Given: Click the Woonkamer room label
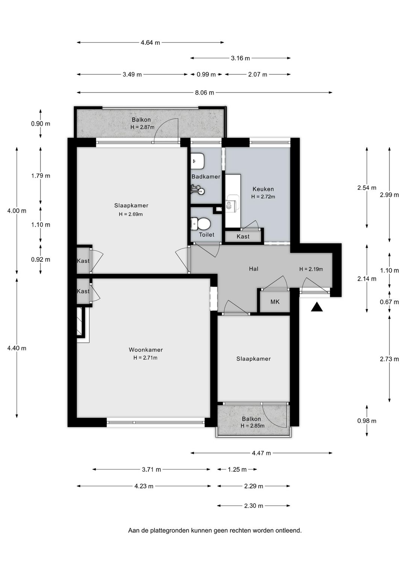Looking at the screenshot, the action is (146, 349).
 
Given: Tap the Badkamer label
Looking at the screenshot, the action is (206, 176).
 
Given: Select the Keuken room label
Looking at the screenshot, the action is (263, 189).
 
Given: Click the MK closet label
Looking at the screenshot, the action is (275, 302).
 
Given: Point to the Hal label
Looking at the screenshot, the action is (254, 269).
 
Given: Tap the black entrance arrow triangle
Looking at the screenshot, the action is (317, 307).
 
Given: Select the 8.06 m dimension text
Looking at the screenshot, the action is (205, 93).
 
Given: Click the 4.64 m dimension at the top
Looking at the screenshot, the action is (150, 43).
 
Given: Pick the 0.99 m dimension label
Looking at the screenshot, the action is (206, 74).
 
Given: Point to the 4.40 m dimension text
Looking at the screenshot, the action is (17, 348).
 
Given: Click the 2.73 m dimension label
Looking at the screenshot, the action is (389, 359).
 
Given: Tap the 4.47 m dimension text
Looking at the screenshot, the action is (261, 453).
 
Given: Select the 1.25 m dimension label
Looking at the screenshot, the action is (237, 469).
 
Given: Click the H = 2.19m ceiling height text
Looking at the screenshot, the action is (311, 269).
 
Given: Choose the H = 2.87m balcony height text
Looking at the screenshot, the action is (142, 127).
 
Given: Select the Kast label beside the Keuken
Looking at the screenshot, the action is (243, 237).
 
